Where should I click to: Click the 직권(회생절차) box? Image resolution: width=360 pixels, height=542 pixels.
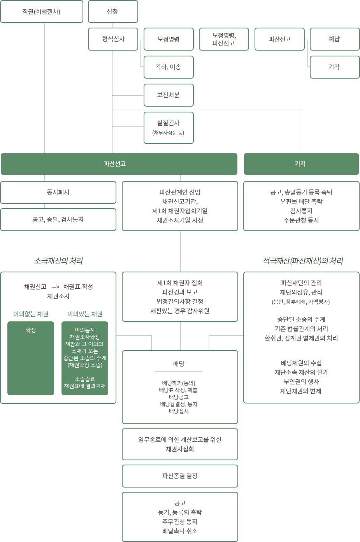click(42, 12)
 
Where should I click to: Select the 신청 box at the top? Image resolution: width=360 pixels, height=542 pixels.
click(113, 12)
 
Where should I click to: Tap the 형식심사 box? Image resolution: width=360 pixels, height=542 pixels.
click(113, 39)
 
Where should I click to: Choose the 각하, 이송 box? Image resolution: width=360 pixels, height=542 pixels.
click(169, 67)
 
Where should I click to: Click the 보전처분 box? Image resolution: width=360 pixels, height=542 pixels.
click(169, 95)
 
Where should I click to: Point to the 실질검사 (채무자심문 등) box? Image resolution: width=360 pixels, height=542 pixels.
click(169, 128)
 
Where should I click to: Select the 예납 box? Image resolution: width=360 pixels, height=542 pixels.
click(334, 39)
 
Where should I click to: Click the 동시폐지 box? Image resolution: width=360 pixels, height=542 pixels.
click(58, 192)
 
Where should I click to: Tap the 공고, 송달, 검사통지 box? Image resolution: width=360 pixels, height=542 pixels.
click(58, 219)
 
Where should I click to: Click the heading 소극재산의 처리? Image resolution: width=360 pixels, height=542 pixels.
click(58, 261)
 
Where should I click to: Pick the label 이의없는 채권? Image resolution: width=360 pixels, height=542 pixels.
click(31, 314)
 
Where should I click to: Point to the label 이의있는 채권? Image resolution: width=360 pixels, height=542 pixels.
click(85, 314)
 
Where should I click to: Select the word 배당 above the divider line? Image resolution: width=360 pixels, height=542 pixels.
click(179, 364)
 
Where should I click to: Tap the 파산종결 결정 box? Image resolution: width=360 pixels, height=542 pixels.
click(180, 476)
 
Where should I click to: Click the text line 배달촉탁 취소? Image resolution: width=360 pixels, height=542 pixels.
click(180, 531)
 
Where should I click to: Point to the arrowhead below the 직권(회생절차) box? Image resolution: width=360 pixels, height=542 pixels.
click(44, 28)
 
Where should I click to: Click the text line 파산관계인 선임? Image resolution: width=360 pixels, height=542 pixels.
click(180, 192)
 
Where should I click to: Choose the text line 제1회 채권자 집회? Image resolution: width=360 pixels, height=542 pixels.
click(180, 283)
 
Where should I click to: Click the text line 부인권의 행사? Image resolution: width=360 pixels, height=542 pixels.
click(301, 382)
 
